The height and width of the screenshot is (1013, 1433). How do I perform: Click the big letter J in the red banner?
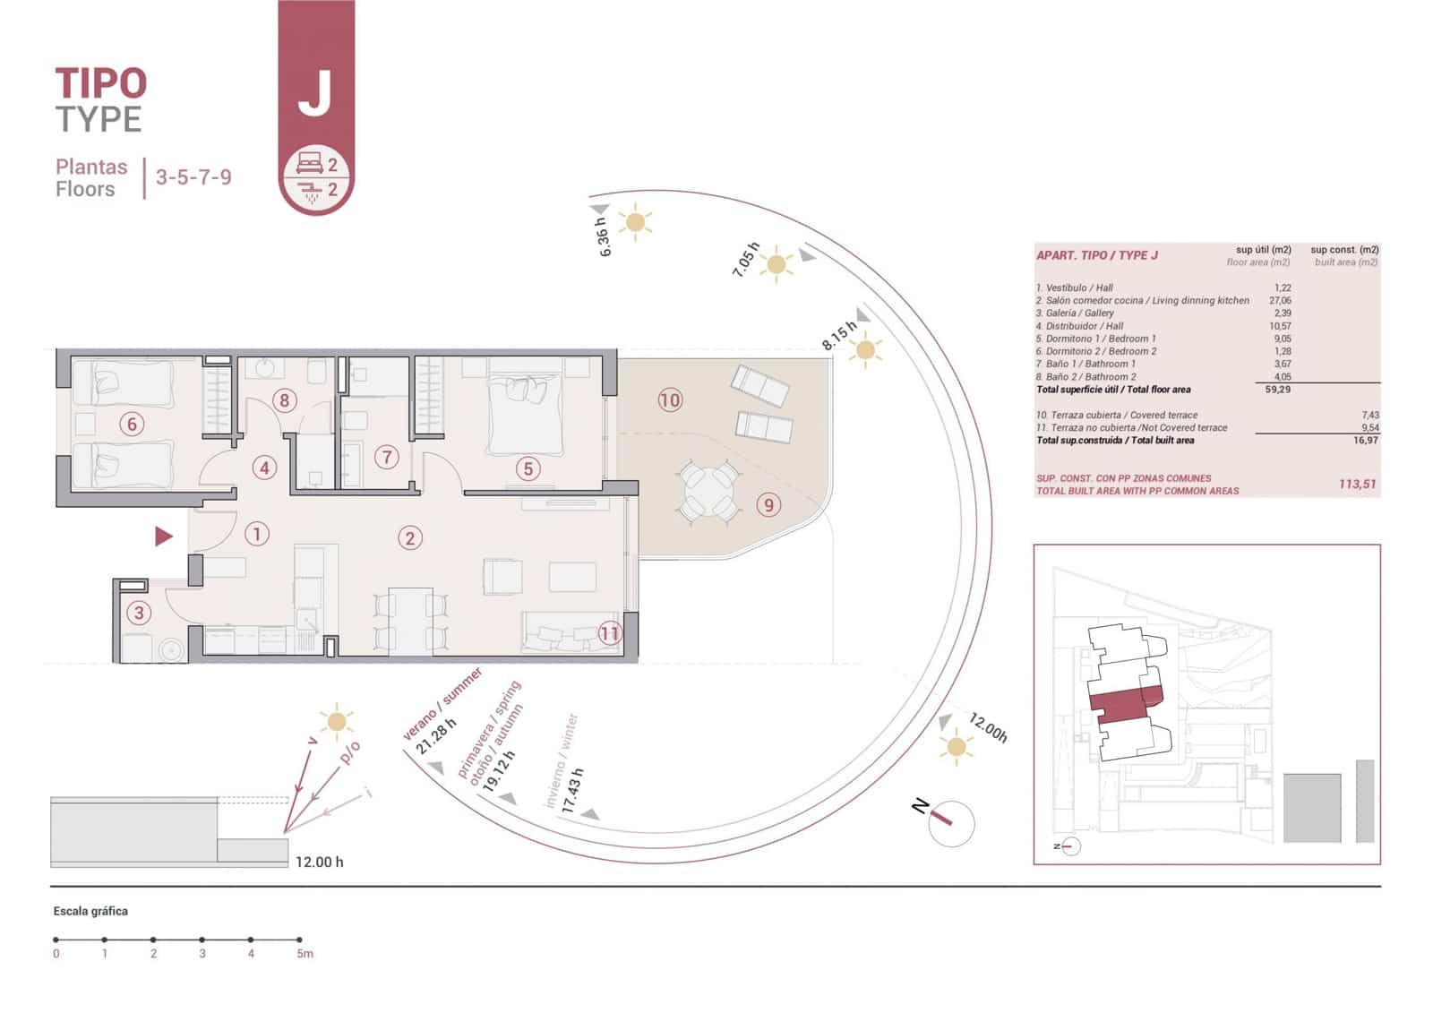click(315, 93)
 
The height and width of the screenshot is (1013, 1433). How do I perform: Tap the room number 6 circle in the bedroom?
click(132, 424)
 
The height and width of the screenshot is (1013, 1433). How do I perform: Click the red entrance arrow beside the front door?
click(164, 536)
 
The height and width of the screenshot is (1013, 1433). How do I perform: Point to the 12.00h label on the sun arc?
click(989, 729)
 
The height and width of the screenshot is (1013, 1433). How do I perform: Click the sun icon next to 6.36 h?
click(635, 221)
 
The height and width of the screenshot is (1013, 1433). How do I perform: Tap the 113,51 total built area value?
click(1357, 484)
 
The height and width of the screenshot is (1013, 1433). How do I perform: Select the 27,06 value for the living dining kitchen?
click(1280, 301)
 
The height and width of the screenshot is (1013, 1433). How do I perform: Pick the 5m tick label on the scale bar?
click(305, 954)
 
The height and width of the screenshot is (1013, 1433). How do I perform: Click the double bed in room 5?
click(526, 414)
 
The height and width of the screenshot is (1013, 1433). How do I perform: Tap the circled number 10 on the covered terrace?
click(670, 399)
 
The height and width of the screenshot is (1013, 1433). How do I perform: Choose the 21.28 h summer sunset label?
click(436, 735)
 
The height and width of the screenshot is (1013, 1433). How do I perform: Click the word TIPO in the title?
click(100, 83)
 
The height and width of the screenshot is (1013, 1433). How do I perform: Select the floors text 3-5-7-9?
click(193, 176)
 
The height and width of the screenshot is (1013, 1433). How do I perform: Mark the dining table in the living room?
click(410, 620)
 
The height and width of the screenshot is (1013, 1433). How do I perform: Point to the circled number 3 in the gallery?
click(138, 613)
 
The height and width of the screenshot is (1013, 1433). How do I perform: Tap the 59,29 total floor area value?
click(1277, 390)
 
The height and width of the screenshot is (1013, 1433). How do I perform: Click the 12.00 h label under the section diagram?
click(319, 862)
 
